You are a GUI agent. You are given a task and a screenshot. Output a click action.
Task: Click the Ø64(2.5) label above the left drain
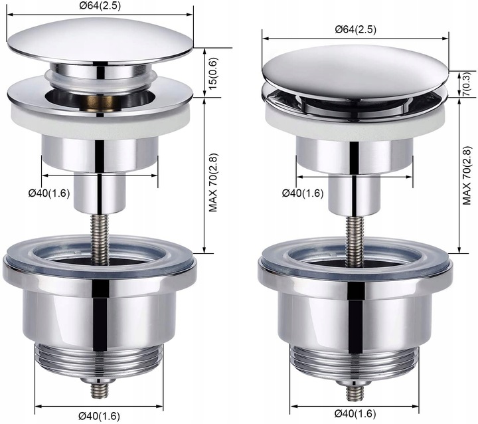pyautogui.click(x=100, y=6)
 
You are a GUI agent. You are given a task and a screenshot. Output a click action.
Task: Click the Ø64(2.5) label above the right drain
pyautogui.click(x=355, y=29)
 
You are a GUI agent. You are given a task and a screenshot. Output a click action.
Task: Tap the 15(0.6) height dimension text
pyautogui.click(x=213, y=73)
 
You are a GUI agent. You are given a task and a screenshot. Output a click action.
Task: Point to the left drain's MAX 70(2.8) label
pyautogui.click(x=213, y=183)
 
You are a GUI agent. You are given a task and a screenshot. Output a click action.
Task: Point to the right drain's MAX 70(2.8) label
pyautogui.click(x=467, y=176)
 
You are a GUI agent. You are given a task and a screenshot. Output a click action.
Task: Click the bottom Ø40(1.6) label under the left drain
pyautogui.click(x=99, y=416)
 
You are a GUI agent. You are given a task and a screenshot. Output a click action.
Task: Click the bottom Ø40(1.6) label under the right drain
pyautogui.click(x=355, y=414)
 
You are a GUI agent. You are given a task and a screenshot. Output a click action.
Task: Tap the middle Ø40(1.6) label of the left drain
pyautogui.click(x=49, y=193)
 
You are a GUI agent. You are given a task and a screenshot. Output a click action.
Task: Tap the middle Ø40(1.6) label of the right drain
pyautogui.click(x=303, y=193)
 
